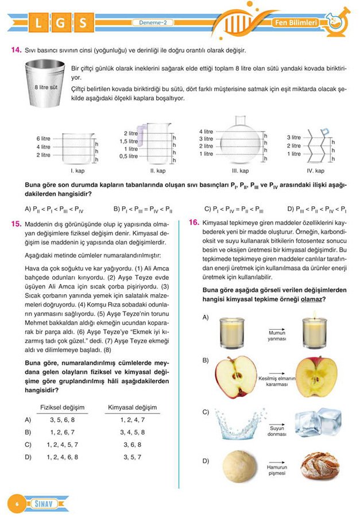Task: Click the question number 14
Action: (16, 51)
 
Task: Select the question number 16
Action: (193, 223)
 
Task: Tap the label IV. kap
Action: (315, 171)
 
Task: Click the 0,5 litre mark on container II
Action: (128, 156)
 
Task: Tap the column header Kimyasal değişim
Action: (132, 408)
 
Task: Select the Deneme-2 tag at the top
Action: (156, 22)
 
